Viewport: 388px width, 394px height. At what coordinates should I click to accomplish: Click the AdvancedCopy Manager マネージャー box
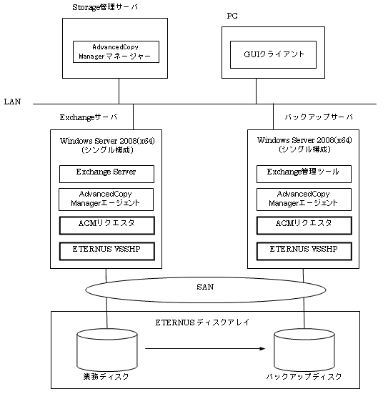116,51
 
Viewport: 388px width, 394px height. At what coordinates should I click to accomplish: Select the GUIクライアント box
273,54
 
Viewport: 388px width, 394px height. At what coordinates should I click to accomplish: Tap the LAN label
12,102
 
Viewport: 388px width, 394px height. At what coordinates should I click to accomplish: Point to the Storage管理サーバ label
105,7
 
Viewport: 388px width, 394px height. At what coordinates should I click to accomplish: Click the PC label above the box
232,16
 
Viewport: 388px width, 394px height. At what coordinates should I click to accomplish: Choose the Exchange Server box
106,174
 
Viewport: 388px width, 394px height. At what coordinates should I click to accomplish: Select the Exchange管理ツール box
304,174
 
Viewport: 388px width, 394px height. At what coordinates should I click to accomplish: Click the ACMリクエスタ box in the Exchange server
107,225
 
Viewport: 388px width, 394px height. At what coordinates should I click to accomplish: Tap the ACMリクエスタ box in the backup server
304,225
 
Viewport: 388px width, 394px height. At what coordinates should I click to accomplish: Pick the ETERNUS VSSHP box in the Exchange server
107,251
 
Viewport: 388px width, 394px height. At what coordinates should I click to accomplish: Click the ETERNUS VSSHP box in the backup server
304,251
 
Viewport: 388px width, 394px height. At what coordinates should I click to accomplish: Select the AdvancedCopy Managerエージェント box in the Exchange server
106,200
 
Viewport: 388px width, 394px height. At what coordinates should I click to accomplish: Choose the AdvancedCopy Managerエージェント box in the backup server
304,200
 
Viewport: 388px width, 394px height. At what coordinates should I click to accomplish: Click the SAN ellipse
206,290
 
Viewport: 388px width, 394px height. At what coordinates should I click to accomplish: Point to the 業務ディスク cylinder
107,350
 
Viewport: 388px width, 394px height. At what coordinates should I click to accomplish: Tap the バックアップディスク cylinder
304,350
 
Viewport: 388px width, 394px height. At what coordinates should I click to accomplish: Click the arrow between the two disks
205,348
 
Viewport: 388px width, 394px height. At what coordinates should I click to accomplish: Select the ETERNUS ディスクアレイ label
202,322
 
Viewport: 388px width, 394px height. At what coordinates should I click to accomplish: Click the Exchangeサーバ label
89,117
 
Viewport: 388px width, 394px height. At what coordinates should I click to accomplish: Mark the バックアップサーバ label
319,117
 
